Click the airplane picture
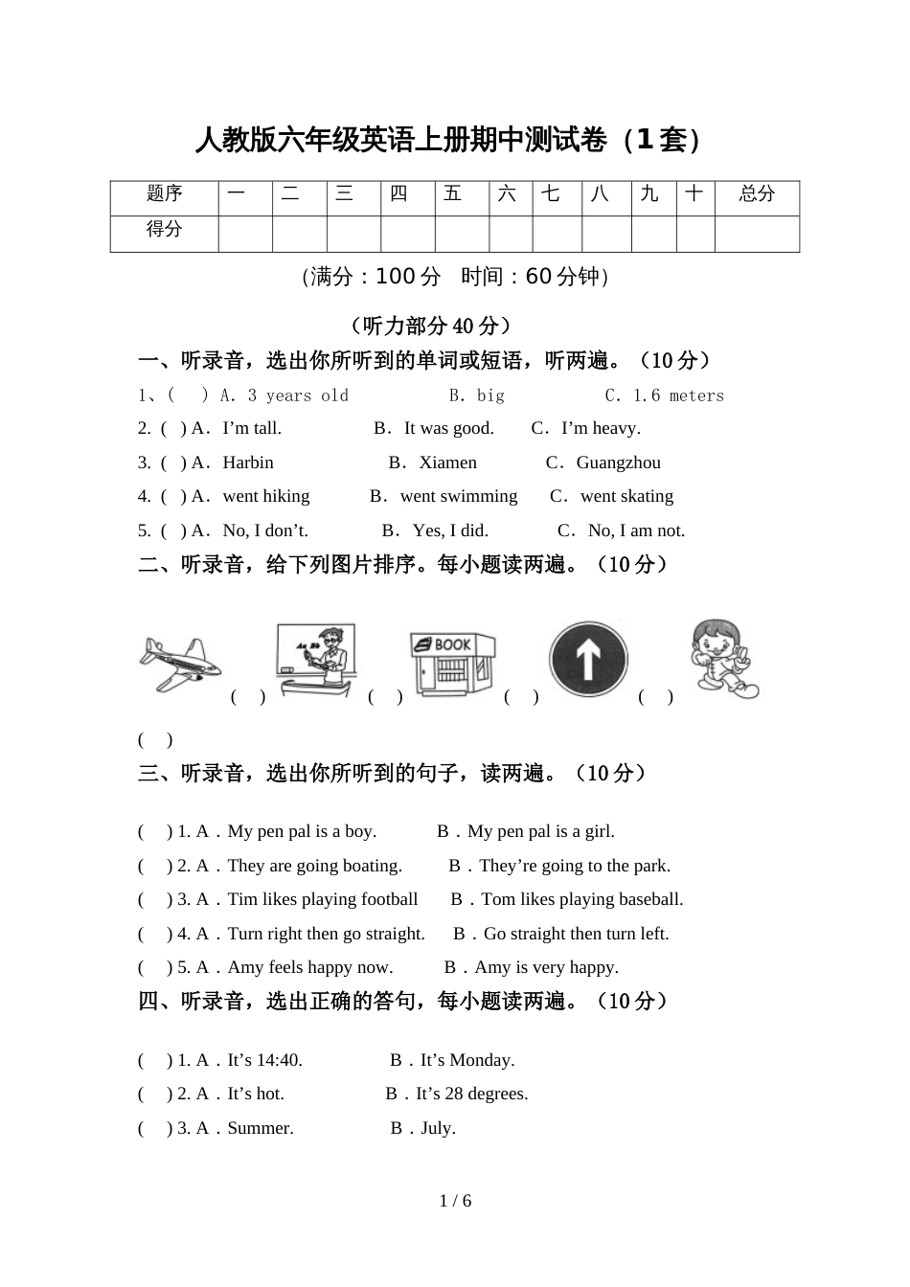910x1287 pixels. (179, 663)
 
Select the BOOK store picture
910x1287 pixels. (452, 662)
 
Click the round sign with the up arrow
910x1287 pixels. (588, 660)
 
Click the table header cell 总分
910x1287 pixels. (757, 194)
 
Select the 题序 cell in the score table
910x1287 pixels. (164, 194)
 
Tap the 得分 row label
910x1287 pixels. (164, 230)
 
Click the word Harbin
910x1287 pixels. (248, 463)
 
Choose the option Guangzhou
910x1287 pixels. (618, 463)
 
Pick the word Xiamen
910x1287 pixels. (447, 463)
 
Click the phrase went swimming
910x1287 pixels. (459, 496)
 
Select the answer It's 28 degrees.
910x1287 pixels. (471, 1094)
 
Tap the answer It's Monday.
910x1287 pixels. (467, 1060)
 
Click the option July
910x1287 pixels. (438, 1128)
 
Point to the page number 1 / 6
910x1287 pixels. (455, 1201)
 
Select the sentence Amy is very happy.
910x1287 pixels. (546, 967)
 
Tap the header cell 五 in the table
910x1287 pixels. (452, 194)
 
